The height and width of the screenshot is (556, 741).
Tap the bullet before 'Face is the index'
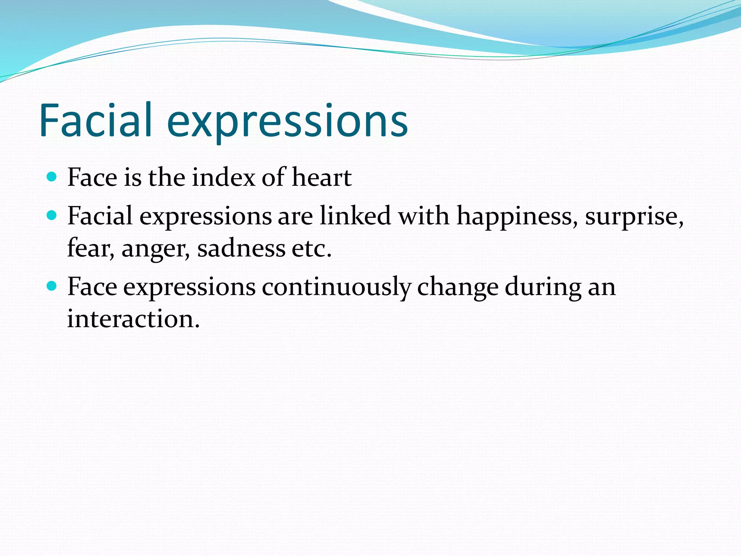pos(52,177)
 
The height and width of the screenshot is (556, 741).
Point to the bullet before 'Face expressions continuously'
pos(52,286)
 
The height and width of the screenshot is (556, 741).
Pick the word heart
pos(322,178)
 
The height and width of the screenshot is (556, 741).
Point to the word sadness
pos(241,249)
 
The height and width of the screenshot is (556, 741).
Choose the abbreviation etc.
pos(312,249)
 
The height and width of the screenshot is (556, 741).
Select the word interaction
pos(133,319)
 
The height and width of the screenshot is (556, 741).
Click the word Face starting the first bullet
pos(92,178)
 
